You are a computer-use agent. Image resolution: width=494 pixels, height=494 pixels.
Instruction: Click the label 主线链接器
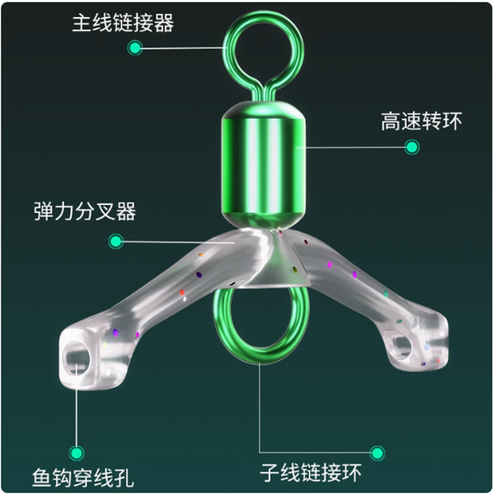123,24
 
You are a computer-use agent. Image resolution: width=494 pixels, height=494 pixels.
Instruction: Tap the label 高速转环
422,122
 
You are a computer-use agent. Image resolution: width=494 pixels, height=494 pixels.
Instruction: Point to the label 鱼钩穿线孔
84,476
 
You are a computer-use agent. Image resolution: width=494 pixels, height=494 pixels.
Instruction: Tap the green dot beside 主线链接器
135,47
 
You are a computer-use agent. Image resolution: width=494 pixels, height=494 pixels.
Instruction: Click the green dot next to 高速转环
412,147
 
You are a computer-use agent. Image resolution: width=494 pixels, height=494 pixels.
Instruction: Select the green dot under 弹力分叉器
116,242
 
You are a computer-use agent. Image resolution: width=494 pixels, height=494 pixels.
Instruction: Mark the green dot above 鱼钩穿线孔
78,453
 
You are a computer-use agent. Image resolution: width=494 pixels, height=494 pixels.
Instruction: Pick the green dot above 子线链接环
377,453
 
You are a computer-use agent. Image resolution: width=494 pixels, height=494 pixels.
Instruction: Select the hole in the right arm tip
402,344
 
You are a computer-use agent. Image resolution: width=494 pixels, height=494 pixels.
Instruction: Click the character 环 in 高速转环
453,122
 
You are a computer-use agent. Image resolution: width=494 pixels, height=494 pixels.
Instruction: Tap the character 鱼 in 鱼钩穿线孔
43,476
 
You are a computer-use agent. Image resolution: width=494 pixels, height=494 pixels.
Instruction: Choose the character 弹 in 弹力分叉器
44,212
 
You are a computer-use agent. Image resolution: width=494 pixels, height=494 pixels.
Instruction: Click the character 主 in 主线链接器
82,24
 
